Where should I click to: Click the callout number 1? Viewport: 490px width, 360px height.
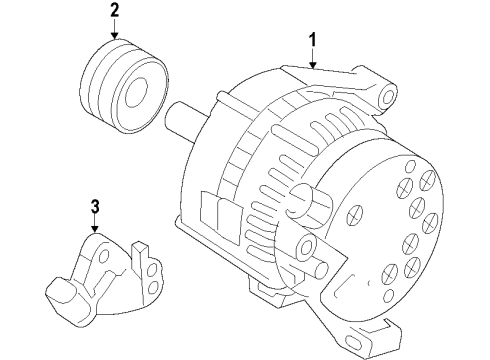(x=313, y=40)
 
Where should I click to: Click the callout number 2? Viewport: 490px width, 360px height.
(x=115, y=11)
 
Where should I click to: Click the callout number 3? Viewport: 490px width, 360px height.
(x=95, y=208)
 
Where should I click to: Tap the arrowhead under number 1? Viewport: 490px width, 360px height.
(x=313, y=65)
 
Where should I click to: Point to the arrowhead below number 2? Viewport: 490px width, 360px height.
(x=115, y=37)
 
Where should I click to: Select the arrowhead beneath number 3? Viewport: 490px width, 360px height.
(x=95, y=234)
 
